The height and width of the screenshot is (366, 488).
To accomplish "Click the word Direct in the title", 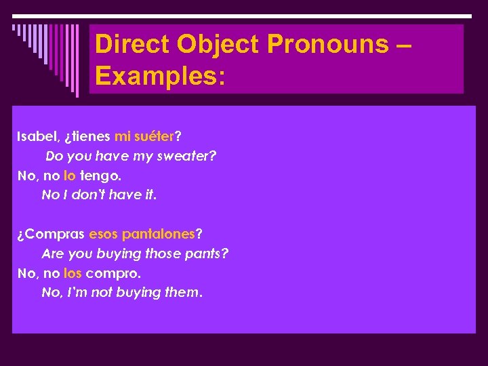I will coord(133,44).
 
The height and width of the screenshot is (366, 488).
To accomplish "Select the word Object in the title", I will coord(219,44).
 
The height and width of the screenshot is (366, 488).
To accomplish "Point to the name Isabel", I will coord(38,136).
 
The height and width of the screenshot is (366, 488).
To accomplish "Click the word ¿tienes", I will coord(87,136).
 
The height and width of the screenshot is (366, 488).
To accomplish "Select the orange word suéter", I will coord(154,136).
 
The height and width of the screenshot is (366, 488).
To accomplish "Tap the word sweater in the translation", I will coord(190,156).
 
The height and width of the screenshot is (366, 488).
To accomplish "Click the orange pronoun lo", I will coord(69,176).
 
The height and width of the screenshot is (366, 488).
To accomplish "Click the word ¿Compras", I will coord(51,234).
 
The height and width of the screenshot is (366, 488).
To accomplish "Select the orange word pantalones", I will coord(158,234).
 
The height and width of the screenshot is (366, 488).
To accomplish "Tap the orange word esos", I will coord(103,234).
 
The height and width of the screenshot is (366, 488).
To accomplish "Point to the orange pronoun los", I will coord(72,273).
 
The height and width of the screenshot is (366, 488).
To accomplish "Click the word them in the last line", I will coord(182,293).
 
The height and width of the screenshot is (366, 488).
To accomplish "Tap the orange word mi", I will coord(122,136).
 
